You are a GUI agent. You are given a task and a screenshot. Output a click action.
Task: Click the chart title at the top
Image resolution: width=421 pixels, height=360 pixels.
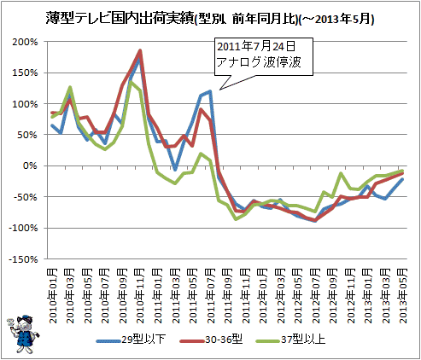click(x=210, y=19)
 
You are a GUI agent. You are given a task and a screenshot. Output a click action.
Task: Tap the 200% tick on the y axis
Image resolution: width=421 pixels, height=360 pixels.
click(x=25, y=42)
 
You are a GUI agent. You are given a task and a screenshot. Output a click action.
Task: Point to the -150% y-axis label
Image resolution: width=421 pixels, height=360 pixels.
click(x=23, y=259)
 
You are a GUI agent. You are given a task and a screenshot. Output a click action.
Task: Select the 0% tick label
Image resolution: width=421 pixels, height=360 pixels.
click(x=30, y=165)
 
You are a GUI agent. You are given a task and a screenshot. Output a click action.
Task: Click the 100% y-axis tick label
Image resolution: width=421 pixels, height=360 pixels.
click(x=25, y=104)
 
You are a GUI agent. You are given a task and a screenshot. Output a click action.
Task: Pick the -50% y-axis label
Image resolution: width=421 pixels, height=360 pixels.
click(x=26, y=197)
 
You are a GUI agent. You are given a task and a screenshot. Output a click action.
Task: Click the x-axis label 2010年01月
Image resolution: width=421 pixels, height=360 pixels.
click(x=53, y=296)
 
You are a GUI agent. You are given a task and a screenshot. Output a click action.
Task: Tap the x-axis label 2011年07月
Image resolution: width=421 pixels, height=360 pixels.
click(x=211, y=296)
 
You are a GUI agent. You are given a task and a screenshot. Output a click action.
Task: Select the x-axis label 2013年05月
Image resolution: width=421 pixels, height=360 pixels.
click(x=403, y=296)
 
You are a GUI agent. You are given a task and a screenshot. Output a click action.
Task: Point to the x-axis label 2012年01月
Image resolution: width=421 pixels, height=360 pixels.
click(x=263, y=296)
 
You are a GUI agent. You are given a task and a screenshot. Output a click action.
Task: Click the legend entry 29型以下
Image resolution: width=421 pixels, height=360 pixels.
click(x=131, y=340)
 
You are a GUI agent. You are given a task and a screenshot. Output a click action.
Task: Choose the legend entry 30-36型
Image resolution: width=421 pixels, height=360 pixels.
click(x=211, y=340)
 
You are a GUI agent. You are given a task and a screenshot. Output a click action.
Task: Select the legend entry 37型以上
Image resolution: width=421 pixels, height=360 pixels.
click(x=290, y=340)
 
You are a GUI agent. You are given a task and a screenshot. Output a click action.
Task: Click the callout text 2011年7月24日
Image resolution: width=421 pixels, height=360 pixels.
click(x=256, y=46)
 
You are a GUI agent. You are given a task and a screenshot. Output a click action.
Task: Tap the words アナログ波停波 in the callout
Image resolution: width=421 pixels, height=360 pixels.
click(x=259, y=62)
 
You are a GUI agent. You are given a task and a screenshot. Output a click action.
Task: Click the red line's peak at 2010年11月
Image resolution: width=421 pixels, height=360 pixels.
click(x=140, y=50)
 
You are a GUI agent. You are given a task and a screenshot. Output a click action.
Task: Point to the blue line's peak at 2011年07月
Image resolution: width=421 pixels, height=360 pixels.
click(x=210, y=91)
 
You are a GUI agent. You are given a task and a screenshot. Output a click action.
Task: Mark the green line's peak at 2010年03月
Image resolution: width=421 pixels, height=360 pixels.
click(x=70, y=87)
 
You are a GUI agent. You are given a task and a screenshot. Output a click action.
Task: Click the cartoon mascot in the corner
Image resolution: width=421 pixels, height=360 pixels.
click(x=23, y=334)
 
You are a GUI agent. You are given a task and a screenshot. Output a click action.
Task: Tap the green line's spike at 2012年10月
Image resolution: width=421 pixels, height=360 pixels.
click(x=341, y=173)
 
